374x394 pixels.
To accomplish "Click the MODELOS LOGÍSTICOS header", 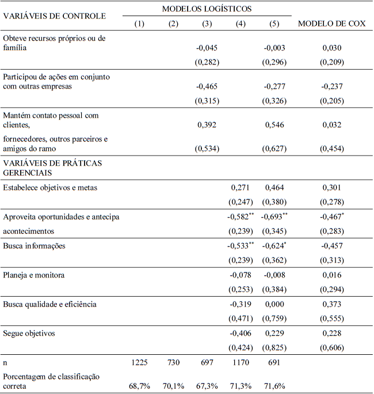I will pos(207,9).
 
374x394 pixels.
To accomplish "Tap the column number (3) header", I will pos(207,24).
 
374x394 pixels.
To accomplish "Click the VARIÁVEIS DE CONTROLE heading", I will pos(55,16).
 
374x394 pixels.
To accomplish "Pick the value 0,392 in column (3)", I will pos(207,124).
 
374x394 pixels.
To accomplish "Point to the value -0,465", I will pos(207,86).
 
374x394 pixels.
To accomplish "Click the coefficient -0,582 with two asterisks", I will pos(238,217).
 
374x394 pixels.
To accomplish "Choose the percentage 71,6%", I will pos(274,385).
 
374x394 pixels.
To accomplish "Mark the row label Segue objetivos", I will pos(32,334).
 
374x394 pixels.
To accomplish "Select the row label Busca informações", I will pos(34,246).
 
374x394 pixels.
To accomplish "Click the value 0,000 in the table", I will pos(274,304).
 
